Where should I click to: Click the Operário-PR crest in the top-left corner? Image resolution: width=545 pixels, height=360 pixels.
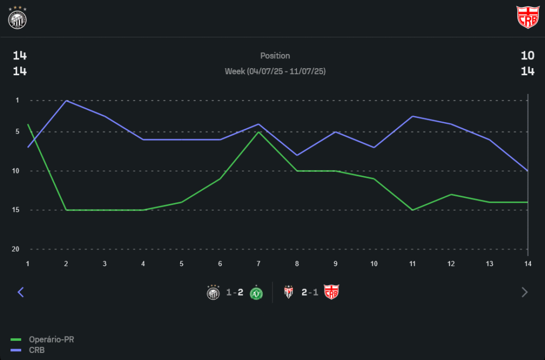[x=17, y=17]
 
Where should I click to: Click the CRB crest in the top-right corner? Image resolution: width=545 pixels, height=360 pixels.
[x=527, y=17]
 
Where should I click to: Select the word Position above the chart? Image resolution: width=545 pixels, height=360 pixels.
[x=275, y=56]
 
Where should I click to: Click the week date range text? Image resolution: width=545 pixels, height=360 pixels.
[x=275, y=71]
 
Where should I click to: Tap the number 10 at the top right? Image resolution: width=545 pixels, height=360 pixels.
[x=527, y=56]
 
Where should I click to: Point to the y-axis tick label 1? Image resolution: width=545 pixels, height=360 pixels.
[x=17, y=100]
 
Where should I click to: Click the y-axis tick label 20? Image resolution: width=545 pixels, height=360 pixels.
[x=16, y=249]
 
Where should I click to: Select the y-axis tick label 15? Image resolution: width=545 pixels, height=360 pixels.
[x=16, y=210]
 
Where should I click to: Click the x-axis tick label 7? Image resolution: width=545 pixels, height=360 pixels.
[x=259, y=263]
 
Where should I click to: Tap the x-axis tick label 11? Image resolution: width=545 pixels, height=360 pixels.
[x=413, y=263]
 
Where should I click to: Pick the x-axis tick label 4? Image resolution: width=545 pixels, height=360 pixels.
[x=143, y=263]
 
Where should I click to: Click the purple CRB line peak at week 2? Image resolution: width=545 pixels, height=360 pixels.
[x=66, y=100]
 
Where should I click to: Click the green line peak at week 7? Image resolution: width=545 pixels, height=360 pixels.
[x=259, y=131]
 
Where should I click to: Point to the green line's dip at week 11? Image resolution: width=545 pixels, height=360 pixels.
[x=413, y=210]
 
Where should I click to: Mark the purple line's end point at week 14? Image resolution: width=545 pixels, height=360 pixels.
[x=528, y=171]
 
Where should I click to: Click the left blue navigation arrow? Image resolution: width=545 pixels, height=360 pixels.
[x=21, y=292]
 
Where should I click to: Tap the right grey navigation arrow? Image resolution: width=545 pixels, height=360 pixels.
[x=525, y=292]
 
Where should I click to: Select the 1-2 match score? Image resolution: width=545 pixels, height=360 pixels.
[x=235, y=293]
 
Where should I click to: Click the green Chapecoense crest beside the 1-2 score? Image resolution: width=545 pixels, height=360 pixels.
[x=256, y=293]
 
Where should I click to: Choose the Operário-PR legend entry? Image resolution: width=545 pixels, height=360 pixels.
[x=51, y=340]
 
